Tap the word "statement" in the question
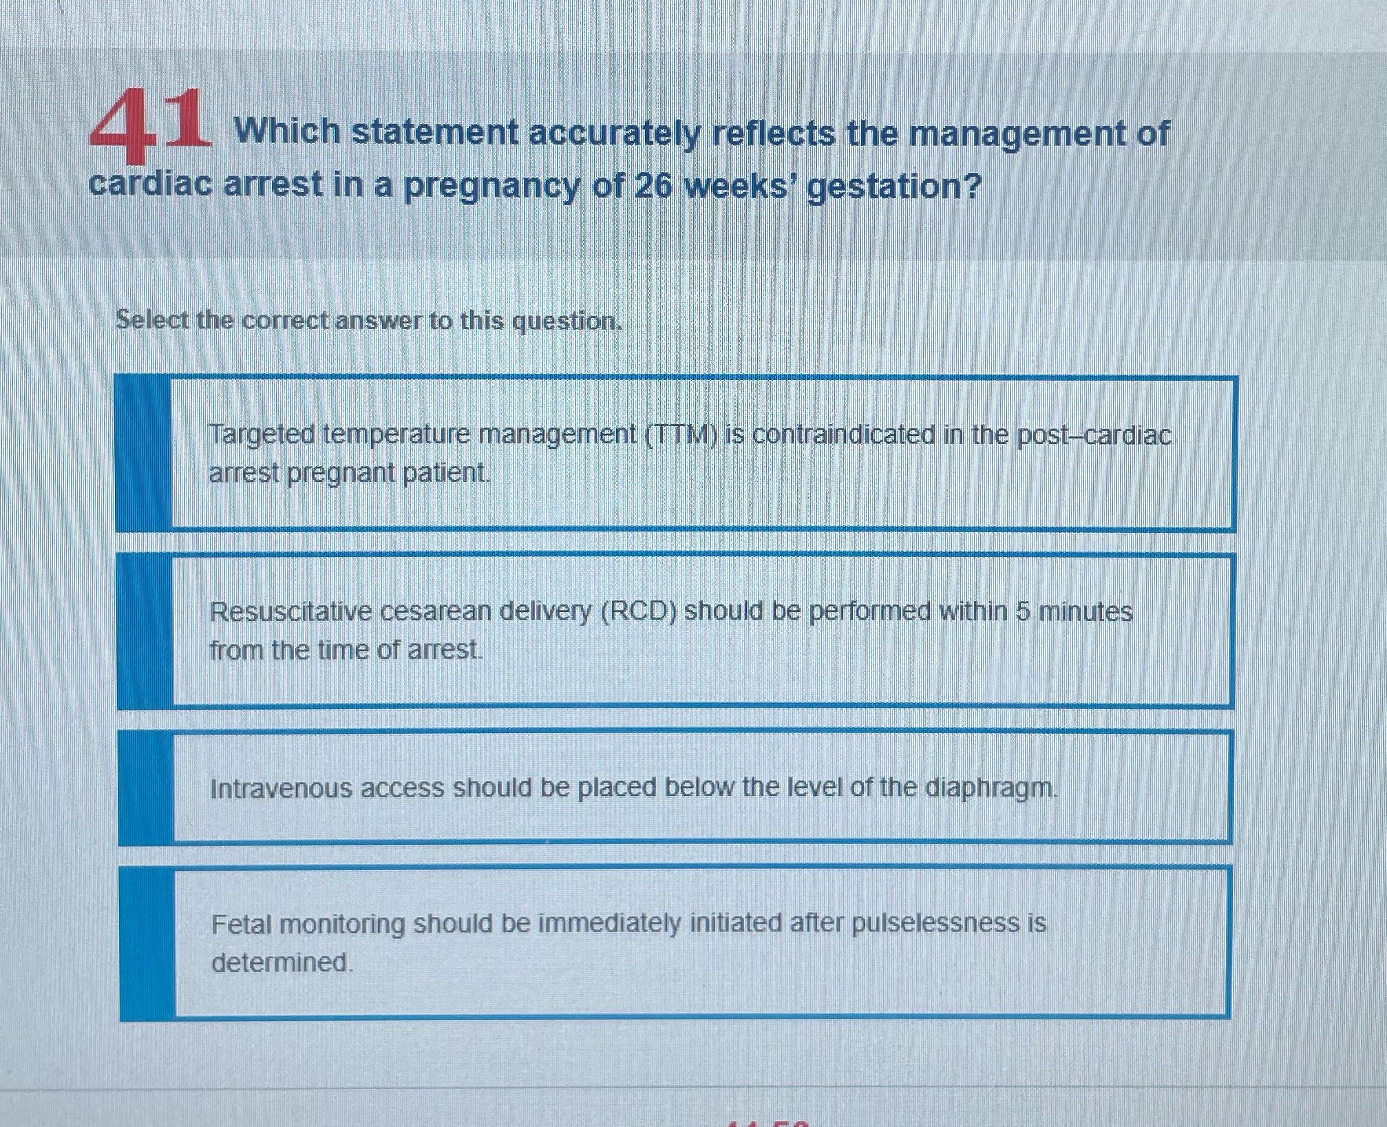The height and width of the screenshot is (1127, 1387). pyautogui.click(x=435, y=132)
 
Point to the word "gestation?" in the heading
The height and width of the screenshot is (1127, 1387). pyautogui.click(x=893, y=187)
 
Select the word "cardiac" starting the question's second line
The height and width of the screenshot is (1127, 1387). pyautogui.click(x=150, y=185)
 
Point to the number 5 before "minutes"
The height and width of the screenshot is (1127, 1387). pyautogui.click(x=1023, y=611)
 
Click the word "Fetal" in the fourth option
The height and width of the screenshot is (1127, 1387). pyautogui.click(x=240, y=924)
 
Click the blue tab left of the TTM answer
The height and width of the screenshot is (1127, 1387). pyautogui.click(x=143, y=454)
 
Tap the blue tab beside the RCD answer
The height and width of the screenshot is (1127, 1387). pyautogui.click(x=145, y=631)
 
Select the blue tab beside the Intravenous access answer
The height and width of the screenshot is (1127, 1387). pyautogui.click(x=146, y=788)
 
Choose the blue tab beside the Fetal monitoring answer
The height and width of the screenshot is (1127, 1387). pyautogui.click(x=147, y=943)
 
